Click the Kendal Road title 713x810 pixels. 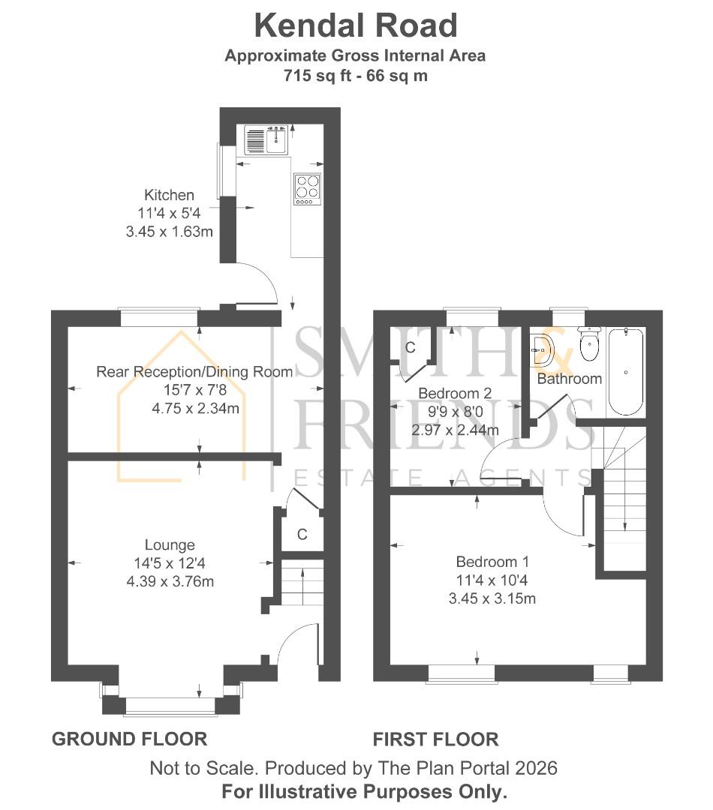click(x=356, y=25)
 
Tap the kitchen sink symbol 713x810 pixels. click(x=267, y=139)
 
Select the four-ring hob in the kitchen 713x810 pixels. click(x=307, y=189)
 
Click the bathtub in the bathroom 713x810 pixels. click(x=625, y=370)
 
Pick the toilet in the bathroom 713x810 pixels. click(x=589, y=346)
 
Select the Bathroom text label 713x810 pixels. click(x=569, y=379)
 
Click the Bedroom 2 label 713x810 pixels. click(x=455, y=393)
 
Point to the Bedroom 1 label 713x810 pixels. click(x=486, y=562)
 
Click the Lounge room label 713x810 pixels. click(x=170, y=545)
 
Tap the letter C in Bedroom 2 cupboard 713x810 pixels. click(x=411, y=348)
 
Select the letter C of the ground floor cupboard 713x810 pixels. click(x=302, y=535)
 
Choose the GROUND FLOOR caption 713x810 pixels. click(x=129, y=739)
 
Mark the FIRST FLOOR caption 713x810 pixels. click(x=435, y=739)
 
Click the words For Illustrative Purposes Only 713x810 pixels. click(x=365, y=791)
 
